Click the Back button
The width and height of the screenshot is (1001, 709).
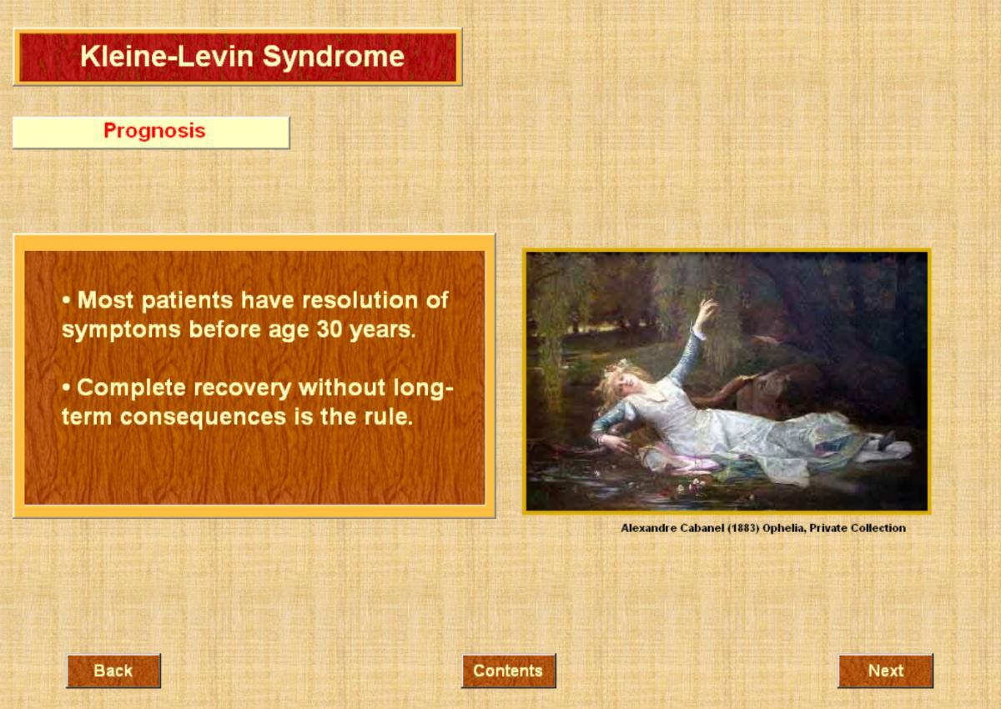pos(113,671)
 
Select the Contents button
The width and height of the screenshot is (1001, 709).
pos(509,671)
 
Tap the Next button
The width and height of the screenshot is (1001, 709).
pos(886,671)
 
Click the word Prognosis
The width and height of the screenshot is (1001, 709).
pos(154,131)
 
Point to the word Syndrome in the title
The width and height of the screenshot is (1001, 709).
pos(333,58)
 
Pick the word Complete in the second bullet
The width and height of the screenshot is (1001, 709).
pos(130,388)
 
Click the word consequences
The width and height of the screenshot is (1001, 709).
pos(203,418)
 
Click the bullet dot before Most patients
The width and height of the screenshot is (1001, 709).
pos(66,300)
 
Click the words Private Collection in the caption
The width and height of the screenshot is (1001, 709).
pos(858,528)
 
